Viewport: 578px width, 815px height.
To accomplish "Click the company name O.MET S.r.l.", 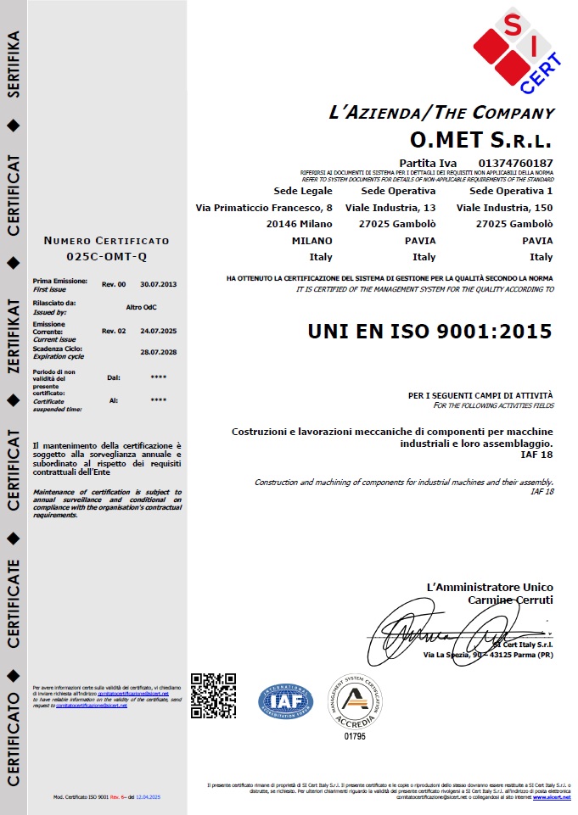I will [480, 138].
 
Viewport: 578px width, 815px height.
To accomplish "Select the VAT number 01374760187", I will [516, 162].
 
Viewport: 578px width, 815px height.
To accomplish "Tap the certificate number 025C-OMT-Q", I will [106, 255].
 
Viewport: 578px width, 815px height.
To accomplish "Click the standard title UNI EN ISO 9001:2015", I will [429, 331].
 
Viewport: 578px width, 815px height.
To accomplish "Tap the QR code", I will [213, 695].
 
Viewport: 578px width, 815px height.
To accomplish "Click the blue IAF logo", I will [286, 701].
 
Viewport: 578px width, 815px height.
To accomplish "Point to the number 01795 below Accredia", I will [356, 736].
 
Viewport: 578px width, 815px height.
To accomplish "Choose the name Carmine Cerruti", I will [510, 600].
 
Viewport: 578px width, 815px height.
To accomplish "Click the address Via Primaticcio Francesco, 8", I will [264, 208].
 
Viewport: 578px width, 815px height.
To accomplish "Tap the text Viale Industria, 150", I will [504, 208].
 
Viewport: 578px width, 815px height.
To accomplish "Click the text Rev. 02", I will [114, 331].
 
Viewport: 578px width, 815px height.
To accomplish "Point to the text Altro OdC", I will [142, 306].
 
